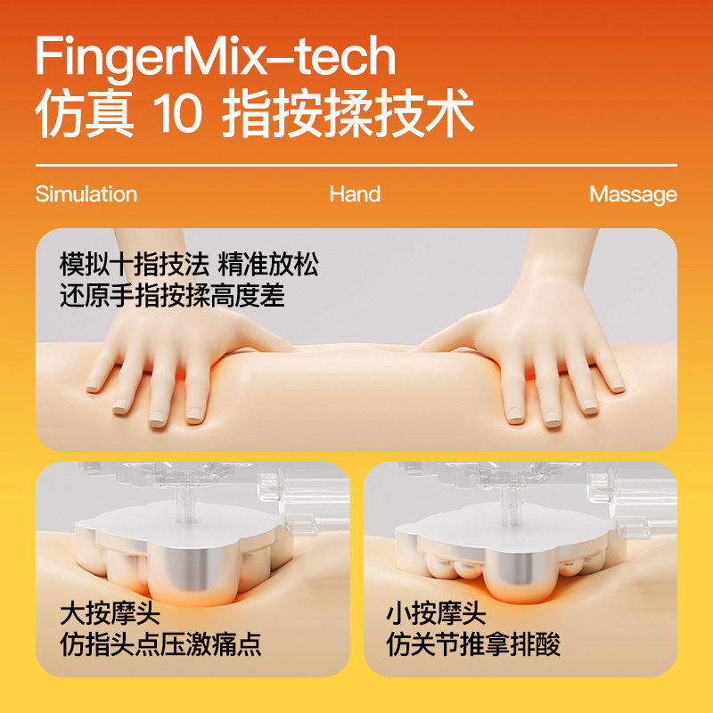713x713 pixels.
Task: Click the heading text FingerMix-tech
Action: click(215, 58)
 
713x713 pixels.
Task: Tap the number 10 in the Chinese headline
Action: click(177, 116)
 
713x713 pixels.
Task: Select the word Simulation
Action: click(86, 194)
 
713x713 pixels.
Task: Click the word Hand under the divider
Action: click(355, 194)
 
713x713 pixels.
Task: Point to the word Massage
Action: click(633, 194)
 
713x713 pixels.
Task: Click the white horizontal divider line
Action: click(356, 166)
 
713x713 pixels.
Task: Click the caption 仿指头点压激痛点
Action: click(160, 644)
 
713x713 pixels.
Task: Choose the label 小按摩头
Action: click(436, 613)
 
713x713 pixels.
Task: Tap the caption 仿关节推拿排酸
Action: click(473, 644)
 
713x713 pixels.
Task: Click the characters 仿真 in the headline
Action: click(85, 116)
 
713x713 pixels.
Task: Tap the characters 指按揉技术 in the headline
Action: click(348, 116)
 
